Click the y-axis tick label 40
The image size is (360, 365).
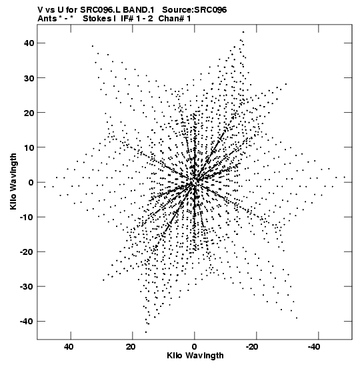[29, 43]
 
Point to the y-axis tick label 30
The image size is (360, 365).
[29, 78]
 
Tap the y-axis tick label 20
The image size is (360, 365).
[29, 113]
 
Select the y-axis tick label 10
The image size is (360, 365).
[29, 147]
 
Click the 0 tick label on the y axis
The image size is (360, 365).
[31, 182]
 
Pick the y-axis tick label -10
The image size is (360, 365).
[27, 217]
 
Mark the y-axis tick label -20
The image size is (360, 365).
[27, 252]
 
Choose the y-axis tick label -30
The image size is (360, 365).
[27, 286]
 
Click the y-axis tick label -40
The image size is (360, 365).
[27, 322]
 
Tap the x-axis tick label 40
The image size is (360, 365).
[69, 347]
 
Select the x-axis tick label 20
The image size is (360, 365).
[131, 347]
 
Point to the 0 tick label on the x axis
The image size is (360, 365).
[195, 347]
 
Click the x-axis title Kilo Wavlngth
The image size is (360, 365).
[195, 356]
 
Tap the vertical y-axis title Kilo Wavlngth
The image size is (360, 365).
[13, 181]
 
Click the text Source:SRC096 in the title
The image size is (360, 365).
[195, 10]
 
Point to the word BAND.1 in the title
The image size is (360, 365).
[139, 10]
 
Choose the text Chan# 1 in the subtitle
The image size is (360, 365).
[175, 19]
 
